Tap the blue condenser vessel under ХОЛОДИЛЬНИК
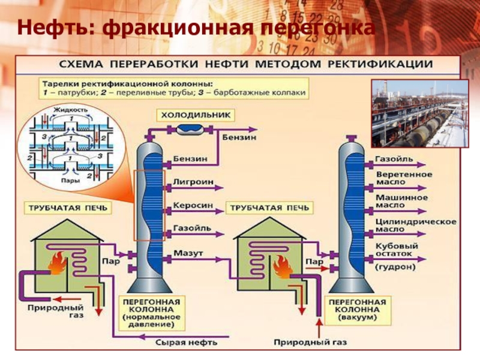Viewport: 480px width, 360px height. click(193, 127)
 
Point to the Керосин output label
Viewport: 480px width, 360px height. click(193, 205)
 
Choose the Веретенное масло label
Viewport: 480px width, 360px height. click(404, 178)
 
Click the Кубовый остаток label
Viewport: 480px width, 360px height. click(397, 251)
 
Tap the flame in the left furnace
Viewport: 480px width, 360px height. click(58, 263)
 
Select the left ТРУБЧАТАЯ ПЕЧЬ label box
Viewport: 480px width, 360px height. click(67, 208)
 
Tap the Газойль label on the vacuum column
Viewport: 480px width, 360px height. click(394, 160)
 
